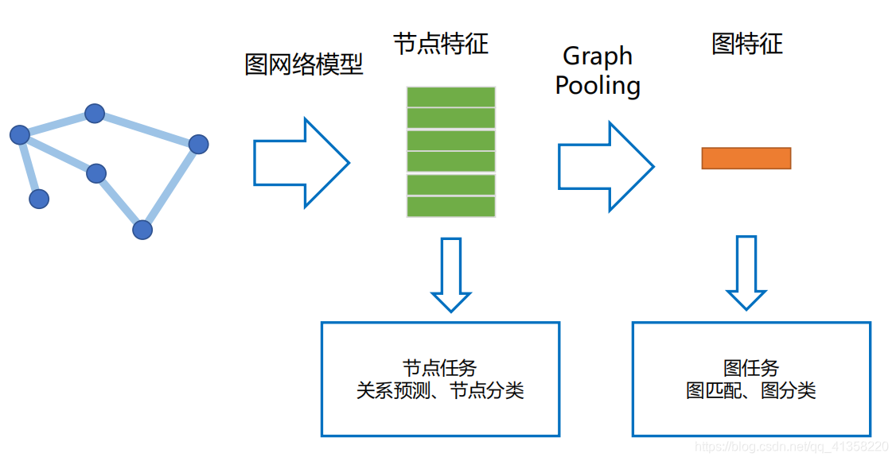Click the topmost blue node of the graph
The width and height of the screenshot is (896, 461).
point(95,114)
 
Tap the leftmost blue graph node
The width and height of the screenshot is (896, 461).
point(20,135)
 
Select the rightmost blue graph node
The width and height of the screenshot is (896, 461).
point(198,145)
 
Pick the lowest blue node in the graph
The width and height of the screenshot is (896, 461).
point(142,230)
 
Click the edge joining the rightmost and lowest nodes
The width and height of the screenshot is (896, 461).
point(170,188)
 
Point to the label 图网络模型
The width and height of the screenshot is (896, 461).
point(303,64)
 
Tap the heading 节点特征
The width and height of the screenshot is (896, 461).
point(440,44)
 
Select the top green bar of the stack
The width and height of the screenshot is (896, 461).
point(451,97)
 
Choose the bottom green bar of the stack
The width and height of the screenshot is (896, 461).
point(451,207)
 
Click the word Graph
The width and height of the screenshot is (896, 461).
point(598,56)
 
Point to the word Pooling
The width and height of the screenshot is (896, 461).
point(598,85)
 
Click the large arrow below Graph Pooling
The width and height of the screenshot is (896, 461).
point(606,166)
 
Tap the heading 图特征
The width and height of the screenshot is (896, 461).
point(746,44)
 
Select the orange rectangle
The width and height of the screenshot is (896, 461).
point(746,158)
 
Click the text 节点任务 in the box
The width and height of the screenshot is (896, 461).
point(439,368)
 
